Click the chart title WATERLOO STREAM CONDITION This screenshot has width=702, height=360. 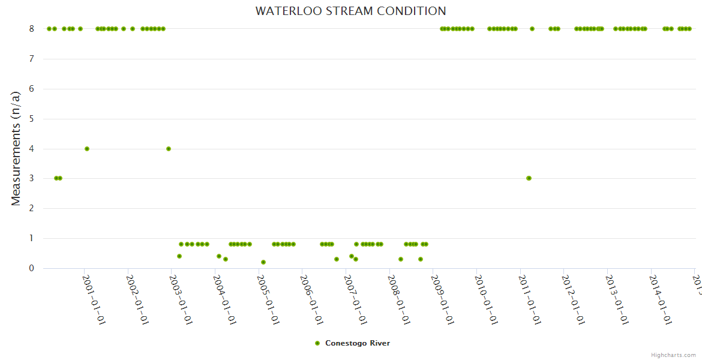(x=350, y=11)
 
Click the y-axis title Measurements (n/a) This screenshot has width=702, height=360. (x=16, y=148)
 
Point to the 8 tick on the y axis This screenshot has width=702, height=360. (x=32, y=29)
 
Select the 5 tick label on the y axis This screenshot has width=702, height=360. (x=32, y=119)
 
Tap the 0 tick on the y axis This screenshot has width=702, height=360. (x=32, y=268)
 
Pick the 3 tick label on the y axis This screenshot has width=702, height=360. (x=32, y=179)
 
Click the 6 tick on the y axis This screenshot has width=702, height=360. (x=32, y=89)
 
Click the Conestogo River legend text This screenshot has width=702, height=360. (x=358, y=343)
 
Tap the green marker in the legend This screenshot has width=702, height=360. (x=317, y=343)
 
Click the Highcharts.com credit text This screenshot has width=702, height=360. (x=673, y=355)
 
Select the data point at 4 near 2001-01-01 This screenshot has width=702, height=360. (x=87, y=149)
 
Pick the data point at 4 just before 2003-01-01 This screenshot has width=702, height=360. (x=169, y=149)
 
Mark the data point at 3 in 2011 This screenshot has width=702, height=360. (x=529, y=178)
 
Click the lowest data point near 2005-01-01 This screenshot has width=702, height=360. (x=263, y=262)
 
